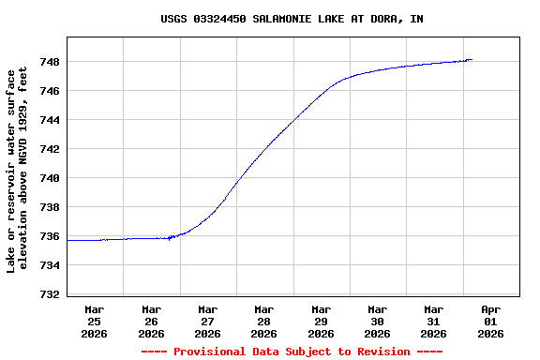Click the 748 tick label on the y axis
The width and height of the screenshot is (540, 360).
[50, 62]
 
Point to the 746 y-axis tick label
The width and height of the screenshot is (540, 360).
[50, 91]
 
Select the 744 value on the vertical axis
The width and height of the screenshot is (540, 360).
[50, 120]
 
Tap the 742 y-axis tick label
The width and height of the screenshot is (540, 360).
[50, 149]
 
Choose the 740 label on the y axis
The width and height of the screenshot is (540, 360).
[50, 178]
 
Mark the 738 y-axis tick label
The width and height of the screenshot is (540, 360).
[50, 207]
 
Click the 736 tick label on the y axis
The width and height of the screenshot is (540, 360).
[50, 236]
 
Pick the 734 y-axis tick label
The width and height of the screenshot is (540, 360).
[50, 265]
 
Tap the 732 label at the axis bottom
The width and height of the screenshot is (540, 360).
[50, 294]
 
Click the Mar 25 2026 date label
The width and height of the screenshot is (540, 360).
[95, 321]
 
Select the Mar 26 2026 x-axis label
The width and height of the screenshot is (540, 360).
[151, 321]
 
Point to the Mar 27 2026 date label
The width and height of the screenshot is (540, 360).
[207, 321]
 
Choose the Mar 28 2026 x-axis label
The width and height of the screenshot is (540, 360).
[264, 321]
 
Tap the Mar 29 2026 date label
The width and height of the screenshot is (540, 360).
[321, 321]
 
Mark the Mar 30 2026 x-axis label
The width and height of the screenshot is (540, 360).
[377, 321]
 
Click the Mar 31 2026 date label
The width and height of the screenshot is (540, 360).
[433, 321]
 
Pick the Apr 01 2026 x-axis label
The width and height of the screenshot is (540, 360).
[490, 321]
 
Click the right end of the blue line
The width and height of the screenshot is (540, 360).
[472, 59]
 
